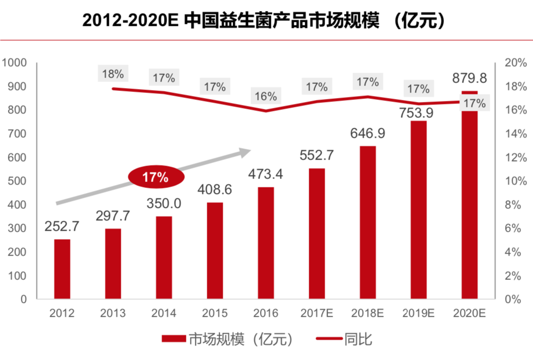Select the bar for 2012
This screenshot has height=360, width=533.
tap(62, 269)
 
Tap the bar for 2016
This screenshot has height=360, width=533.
tap(266, 243)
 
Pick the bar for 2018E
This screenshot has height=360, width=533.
tap(367, 222)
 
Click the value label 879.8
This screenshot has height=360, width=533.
tap(469, 79)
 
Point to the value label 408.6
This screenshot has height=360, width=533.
tap(215, 190)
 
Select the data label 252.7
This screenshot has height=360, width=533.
tap(62, 227)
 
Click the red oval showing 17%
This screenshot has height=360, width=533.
tap(156, 178)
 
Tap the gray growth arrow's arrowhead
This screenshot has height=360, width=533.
tap(246, 151)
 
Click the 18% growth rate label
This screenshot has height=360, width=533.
tap(113, 75)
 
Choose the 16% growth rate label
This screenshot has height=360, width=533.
tap(266, 96)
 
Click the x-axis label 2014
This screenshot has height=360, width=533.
tap(164, 314)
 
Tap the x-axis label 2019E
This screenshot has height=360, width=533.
tap(418, 314)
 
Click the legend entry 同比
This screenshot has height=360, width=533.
tap(343, 340)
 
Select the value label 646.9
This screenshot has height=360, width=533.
tap(368, 134)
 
